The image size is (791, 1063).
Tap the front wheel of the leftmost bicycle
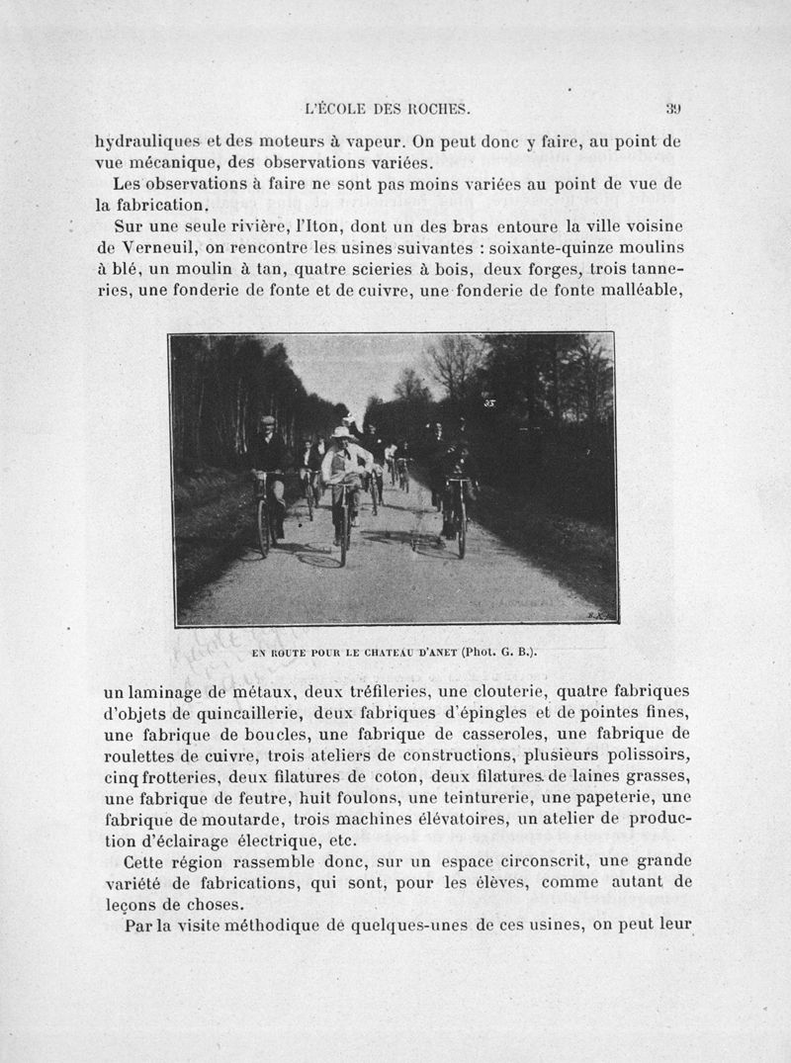264,526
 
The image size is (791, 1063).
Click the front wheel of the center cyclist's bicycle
343,535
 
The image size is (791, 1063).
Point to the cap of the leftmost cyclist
267,420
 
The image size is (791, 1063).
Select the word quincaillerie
250,713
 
